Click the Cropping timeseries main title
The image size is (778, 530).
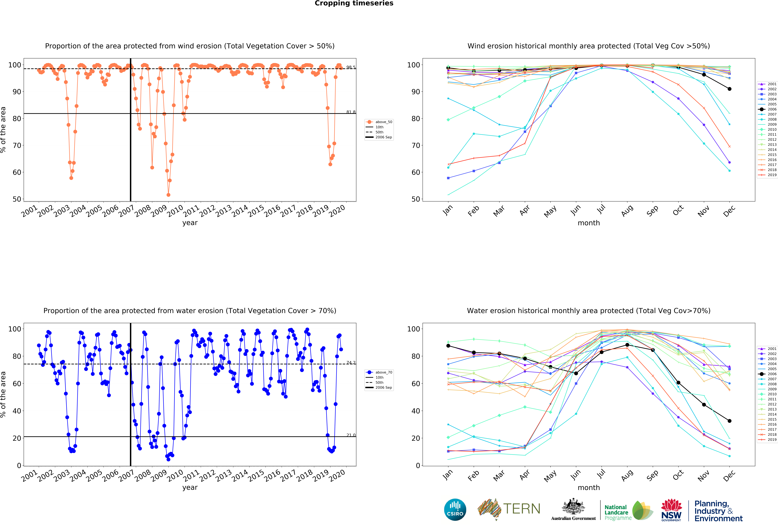pos(354,3)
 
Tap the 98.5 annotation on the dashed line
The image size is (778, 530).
pos(351,67)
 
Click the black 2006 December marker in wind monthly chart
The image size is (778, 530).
pos(729,89)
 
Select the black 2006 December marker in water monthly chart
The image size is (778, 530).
pos(729,421)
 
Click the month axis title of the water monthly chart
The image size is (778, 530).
pos(589,488)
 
